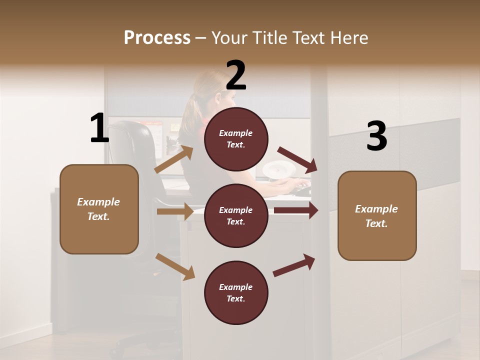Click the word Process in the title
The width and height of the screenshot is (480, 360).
click(x=157, y=38)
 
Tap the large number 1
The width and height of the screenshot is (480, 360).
click(x=99, y=128)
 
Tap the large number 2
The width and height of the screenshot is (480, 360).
click(x=236, y=75)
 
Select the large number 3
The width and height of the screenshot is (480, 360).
click(x=376, y=136)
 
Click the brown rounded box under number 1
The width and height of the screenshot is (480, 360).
click(x=99, y=209)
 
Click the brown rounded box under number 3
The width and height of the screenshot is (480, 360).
click(x=377, y=216)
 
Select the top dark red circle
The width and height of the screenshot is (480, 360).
click(x=236, y=139)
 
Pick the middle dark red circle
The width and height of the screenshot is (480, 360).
click(x=236, y=215)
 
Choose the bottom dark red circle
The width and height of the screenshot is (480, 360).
click(x=236, y=292)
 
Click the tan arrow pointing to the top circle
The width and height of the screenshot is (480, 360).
click(x=174, y=159)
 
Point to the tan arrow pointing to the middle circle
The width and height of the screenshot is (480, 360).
click(x=175, y=211)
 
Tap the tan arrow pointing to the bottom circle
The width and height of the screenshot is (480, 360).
click(x=175, y=266)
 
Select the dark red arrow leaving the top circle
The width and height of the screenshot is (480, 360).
click(x=297, y=159)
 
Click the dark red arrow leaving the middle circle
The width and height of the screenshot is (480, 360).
click(x=296, y=210)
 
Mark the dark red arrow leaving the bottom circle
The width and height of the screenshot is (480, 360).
click(x=294, y=265)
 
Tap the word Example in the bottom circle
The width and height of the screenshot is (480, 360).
click(x=235, y=287)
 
